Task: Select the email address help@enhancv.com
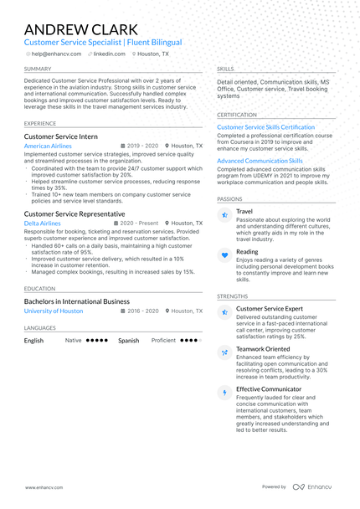56,54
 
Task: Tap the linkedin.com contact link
109,54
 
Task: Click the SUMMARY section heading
38,69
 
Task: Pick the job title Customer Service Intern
60,136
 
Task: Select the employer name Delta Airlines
42,224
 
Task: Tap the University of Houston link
54,311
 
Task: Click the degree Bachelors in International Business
77,301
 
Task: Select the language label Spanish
128,341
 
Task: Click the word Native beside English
74,341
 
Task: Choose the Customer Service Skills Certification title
265,127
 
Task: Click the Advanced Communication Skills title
260,161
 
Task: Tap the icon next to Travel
224,215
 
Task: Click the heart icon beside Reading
224,254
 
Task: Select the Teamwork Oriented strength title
263,349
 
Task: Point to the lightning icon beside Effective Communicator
224,392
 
